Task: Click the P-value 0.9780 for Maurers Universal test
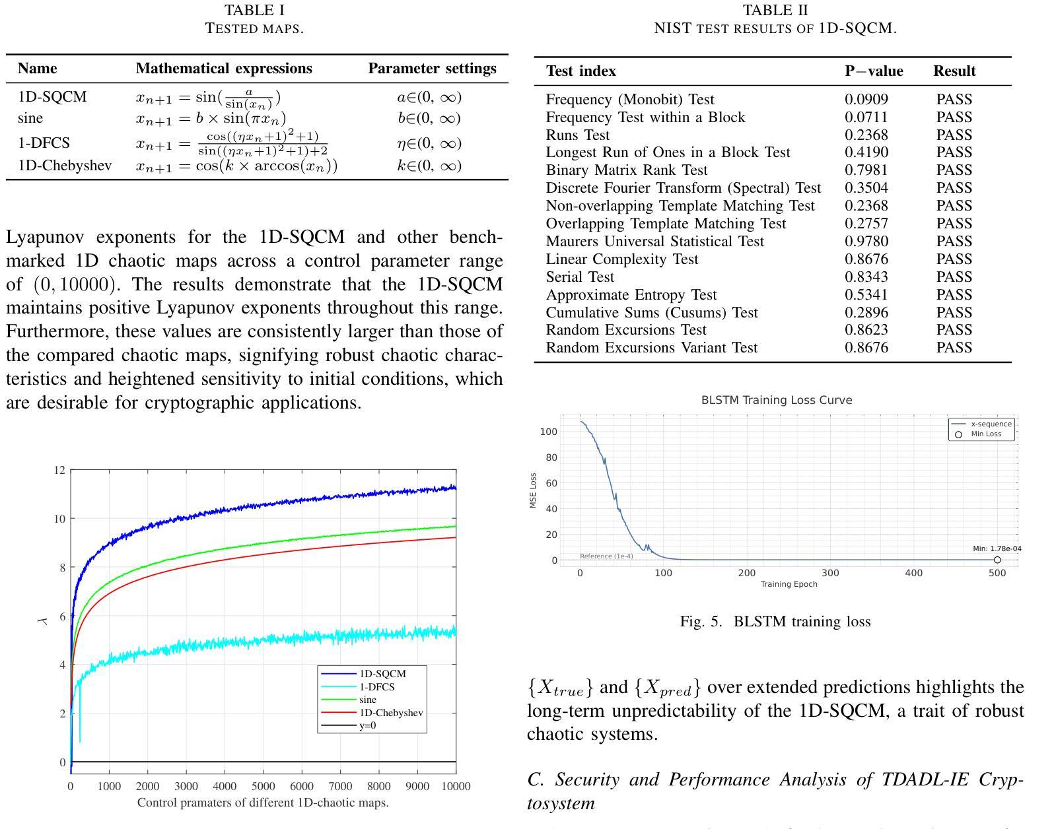(866, 242)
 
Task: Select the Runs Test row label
(578, 135)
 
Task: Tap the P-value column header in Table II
(873, 71)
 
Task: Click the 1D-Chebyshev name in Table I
(65, 166)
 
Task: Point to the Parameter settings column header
(432, 69)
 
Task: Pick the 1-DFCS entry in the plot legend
(376, 687)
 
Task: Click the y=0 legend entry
(367, 726)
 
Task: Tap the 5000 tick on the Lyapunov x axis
(263, 786)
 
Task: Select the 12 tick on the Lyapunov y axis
(60, 471)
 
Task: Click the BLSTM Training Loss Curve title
(776, 400)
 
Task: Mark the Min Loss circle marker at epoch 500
(997, 560)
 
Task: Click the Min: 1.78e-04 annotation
(997, 548)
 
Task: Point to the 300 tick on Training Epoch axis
(830, 573)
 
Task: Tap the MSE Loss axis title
(534, 490)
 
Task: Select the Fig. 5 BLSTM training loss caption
(775, 622)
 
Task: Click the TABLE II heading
(775, 11)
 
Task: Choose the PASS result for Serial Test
(954, 277)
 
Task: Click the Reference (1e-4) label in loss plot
(606, 556)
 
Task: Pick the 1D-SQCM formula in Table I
(208, 98)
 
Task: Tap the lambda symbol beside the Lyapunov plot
(44, 620)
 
